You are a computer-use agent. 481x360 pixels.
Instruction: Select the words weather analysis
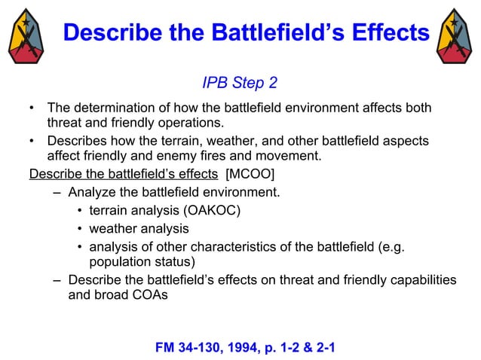tap(139, 228)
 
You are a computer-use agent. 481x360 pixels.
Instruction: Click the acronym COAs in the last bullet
tap(152, 295)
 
